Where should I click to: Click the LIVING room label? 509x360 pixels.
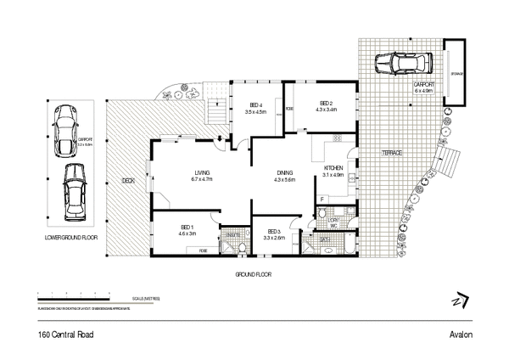[x=201, y=172]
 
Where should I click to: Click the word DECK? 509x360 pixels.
[x=128, y=181]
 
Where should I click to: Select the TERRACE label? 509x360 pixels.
[x=390, y=153]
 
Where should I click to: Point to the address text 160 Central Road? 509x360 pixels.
[x=65, y=335]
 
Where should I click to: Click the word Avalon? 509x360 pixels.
[x=461, y=335]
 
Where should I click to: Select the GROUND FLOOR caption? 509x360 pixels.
[x=253, y=275]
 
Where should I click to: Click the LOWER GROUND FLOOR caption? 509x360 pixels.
[x=71, y=238]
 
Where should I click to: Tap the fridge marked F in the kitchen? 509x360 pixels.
[x=322, y=200]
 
